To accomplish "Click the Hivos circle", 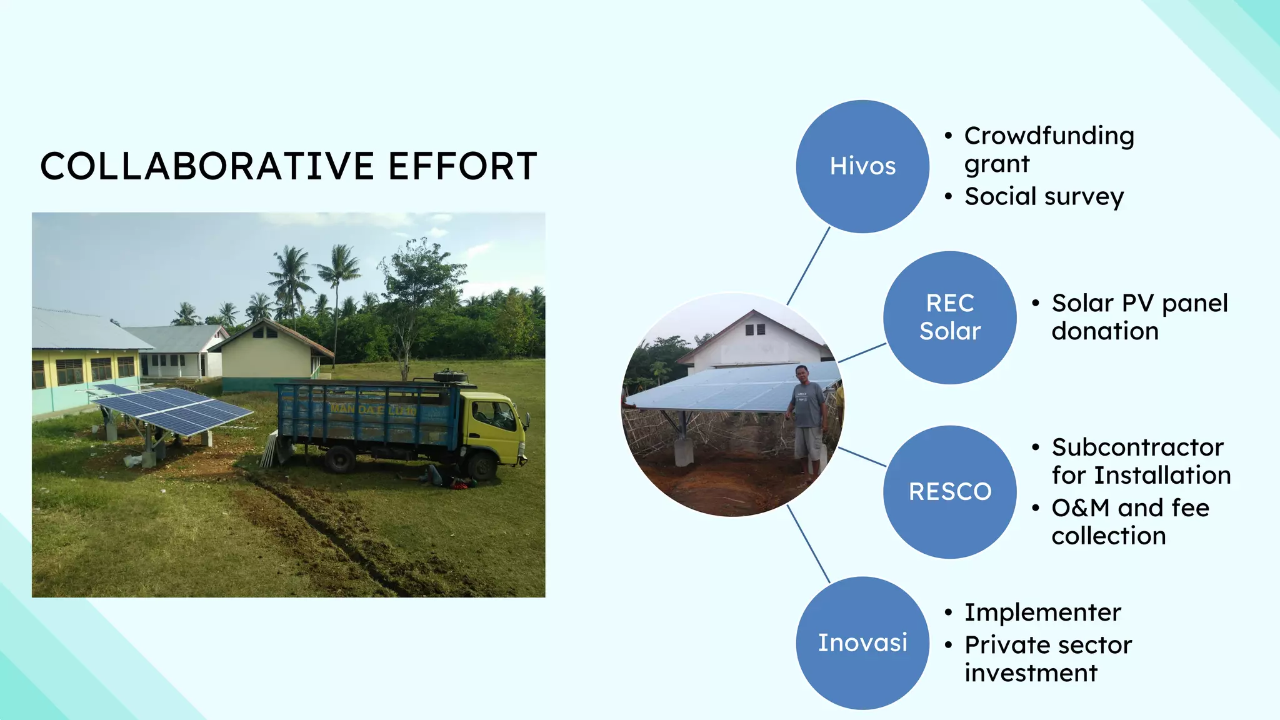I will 862,166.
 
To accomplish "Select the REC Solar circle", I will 949,317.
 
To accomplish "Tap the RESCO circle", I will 949,492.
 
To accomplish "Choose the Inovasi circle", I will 862,642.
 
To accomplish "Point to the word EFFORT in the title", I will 462,166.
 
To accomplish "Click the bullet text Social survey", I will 1044,197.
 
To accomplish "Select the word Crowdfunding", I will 1049,136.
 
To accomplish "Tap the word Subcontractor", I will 1137,447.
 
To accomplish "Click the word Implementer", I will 1042,612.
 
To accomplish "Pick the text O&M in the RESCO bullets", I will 1081,508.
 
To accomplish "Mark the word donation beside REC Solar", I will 1105,331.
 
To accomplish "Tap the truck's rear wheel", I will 339,459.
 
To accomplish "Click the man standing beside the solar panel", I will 808,419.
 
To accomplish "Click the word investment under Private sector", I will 1031,673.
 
